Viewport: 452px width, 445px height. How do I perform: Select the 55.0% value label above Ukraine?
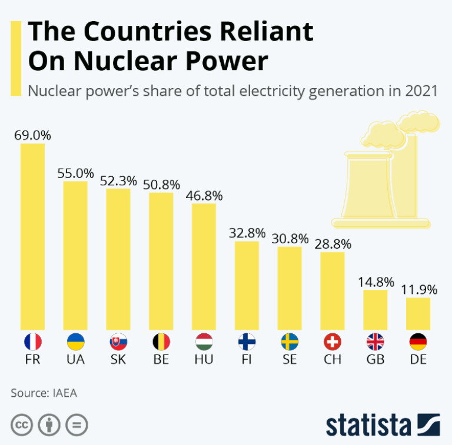click(75, 173)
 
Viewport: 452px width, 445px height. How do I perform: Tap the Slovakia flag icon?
click(118, 342)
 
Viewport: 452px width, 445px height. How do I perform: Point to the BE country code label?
click(161, 359)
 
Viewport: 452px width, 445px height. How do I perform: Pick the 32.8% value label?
click(247, 233)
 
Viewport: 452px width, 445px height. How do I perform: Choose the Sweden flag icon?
click(290, 342)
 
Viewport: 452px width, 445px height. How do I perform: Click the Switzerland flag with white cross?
click(333, 342)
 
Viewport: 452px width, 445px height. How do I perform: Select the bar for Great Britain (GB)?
click(375, 310)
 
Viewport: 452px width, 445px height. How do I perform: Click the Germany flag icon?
click(418, 342)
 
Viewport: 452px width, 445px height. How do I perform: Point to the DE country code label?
click(418, 359)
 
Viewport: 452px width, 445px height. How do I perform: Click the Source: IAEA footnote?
click(44, 393)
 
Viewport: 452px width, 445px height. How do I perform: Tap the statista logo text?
click(368, 424)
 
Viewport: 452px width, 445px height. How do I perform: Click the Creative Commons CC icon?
click(21, 424)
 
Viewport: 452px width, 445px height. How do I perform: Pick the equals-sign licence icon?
click(75, 424)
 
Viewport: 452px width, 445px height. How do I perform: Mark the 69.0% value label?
click(33, 135)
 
